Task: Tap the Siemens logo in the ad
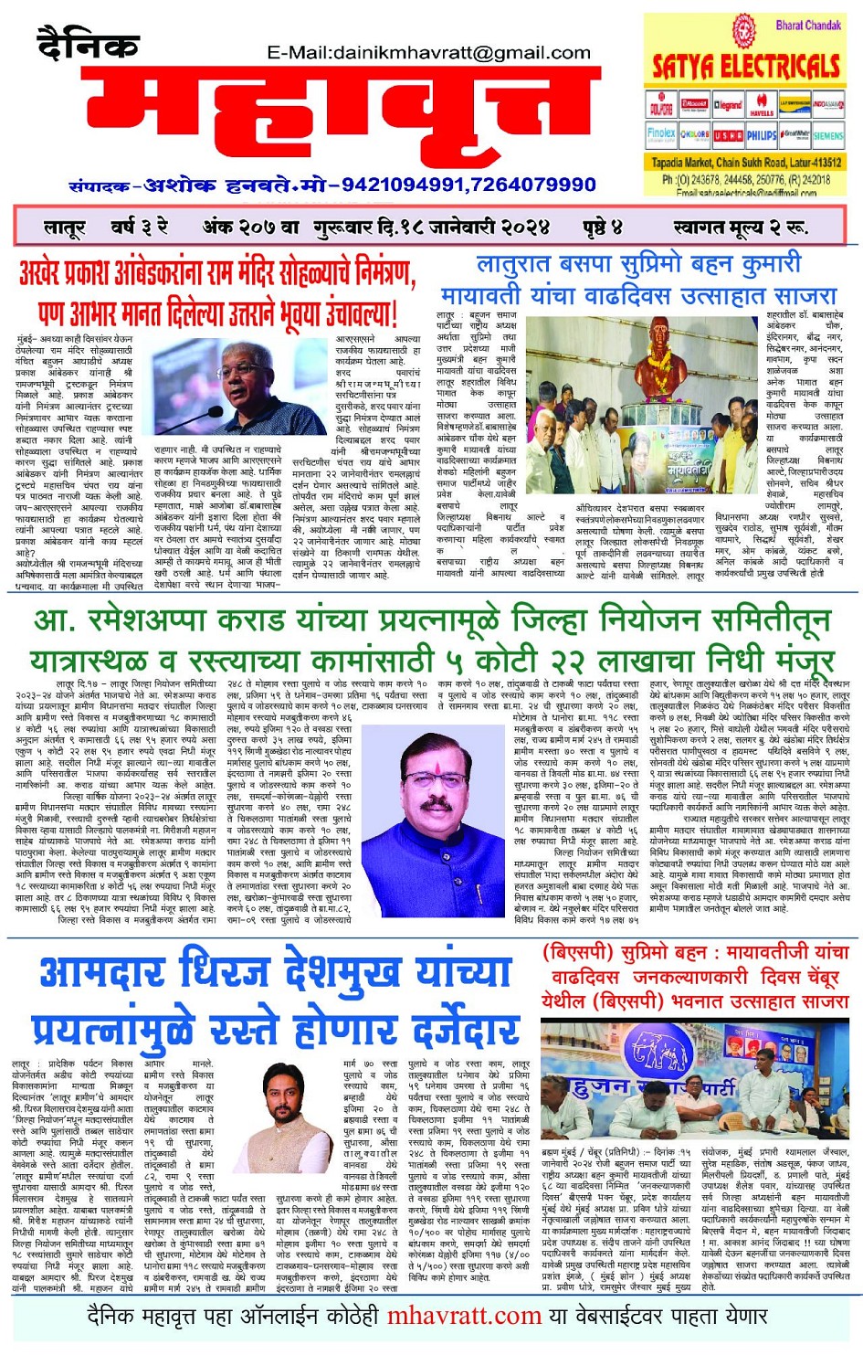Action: (x=827, y=135)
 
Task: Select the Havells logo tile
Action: (x=762, y=106)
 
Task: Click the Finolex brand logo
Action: (x=661, y=134)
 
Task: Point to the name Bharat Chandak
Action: (x=808, y=25)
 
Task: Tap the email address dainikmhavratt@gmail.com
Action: (x=428, y=53)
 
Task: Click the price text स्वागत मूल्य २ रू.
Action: (x=740, y=227)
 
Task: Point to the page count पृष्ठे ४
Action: (x=603, y=227)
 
